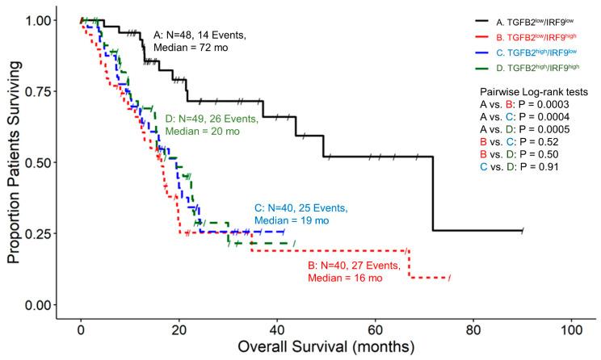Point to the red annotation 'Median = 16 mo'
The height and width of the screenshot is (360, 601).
[343, 278]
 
